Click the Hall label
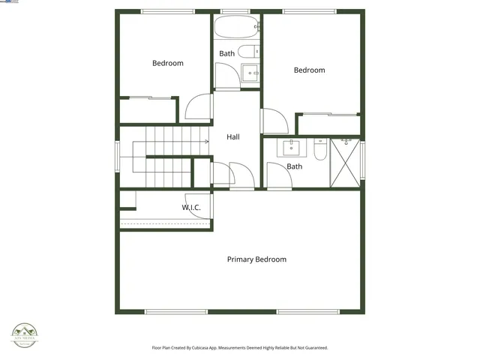click(x=233, y=137)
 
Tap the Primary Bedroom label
click(x=256, y=259)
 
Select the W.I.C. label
click(x=191, y=207)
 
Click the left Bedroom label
click(x=167, y=63)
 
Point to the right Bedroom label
click(x=309, y=70)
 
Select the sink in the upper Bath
click(x=250, y=73)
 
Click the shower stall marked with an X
click(x=344, y=162)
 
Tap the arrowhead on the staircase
click(x=206, y=141)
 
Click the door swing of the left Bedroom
click(x=199, y=106)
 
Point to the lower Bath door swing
click(x=277, y=177)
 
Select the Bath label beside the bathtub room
click(x=226, y=53)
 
